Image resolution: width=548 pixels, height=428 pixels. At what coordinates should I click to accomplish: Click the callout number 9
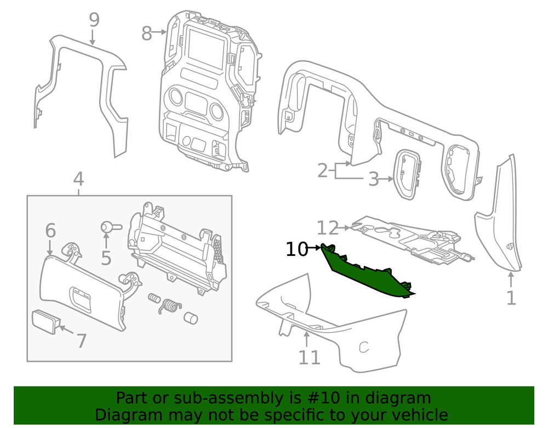94,20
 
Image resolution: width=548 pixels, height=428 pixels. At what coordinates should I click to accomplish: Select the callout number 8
146,33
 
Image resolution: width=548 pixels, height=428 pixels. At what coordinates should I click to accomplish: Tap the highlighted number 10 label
297,249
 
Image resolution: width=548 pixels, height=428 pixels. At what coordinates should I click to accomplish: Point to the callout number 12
329,227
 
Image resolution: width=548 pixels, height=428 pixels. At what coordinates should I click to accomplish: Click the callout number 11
309,357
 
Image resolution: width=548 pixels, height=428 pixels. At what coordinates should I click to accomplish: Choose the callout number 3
373,179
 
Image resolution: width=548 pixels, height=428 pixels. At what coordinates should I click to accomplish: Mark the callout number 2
323,170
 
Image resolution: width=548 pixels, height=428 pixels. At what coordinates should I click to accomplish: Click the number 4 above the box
78,179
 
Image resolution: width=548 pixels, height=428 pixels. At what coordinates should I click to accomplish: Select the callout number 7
81,340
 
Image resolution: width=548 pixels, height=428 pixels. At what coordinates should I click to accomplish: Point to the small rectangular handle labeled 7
46,321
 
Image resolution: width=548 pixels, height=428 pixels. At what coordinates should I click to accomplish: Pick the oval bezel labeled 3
407,173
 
